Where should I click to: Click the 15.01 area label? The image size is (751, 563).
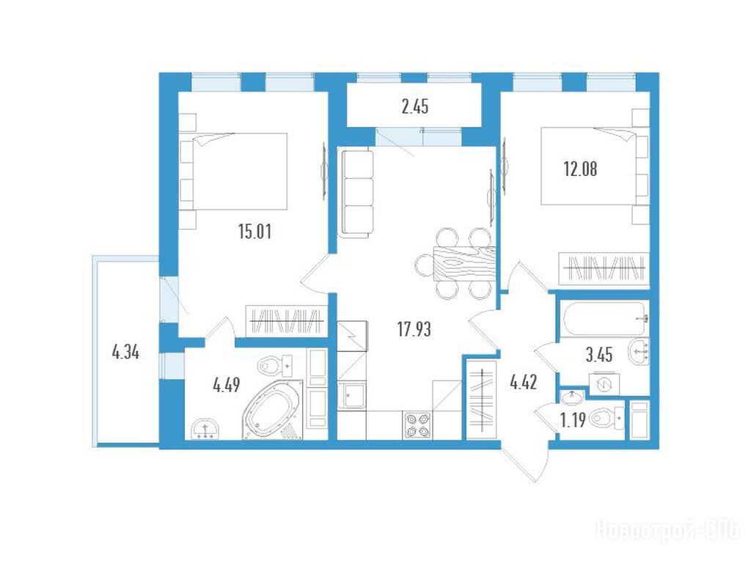[254, 231]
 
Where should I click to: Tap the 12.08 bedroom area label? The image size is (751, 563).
[580, 169]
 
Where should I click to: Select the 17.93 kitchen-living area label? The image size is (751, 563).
[414, 329]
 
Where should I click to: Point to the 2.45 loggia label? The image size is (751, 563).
[415, 106]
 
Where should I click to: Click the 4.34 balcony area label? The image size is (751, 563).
[125, 353]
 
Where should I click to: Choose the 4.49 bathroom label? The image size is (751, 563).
[226, 384]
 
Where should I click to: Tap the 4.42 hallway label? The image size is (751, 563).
[524, 382]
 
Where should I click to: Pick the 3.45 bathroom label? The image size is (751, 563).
[598, 355]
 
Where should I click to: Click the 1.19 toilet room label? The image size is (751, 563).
[573, 420]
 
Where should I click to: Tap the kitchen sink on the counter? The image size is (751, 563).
[351, 396]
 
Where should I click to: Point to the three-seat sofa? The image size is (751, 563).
[356, 193]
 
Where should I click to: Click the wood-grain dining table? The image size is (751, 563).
[464, 263]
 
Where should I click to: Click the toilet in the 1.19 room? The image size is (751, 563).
[607, 419]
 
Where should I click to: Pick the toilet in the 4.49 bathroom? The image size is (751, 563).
[276, 366]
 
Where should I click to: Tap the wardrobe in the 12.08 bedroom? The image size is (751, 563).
[604, 269]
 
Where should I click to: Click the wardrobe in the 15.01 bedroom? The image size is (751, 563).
[286, 320]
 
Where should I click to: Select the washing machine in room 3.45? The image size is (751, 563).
[604, 384]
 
